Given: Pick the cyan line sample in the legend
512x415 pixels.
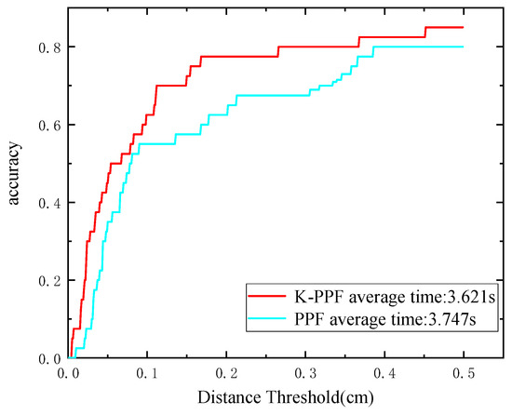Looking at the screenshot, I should (271, 320).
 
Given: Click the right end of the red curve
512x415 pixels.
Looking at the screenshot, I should (463, 27).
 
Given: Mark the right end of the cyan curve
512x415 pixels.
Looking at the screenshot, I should (463, 47).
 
